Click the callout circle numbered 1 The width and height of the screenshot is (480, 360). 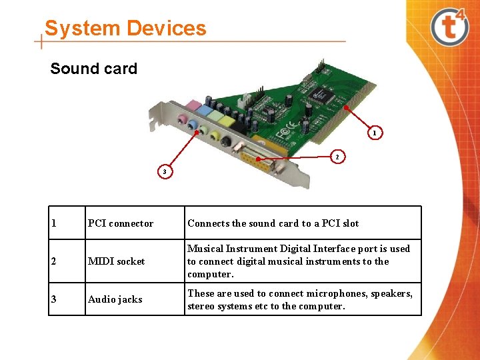click(375, 133)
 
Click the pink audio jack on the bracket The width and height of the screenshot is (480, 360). click(182, 120)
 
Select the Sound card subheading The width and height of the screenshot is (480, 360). click(93, 69)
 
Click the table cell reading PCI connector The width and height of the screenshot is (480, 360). click(121, 223)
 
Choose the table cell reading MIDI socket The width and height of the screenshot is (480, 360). click(116, 261)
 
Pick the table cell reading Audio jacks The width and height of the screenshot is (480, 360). click(115, 299)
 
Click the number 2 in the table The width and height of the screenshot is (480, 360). click(54, 261)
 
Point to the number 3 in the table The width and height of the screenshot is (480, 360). click(54, 299)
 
